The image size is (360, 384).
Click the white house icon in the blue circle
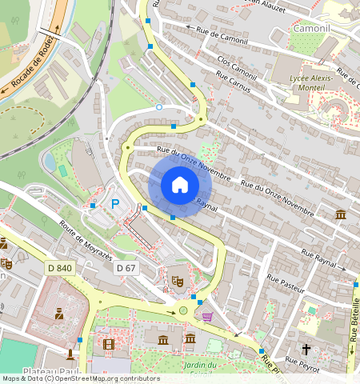click(180, 185)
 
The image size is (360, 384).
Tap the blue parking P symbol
click(114, 206)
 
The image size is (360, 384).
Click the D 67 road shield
click(124, 268)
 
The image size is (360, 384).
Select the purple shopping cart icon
click(207, 317)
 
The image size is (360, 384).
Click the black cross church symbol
click(306, 350)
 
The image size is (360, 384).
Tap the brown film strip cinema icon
click(108, 345)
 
